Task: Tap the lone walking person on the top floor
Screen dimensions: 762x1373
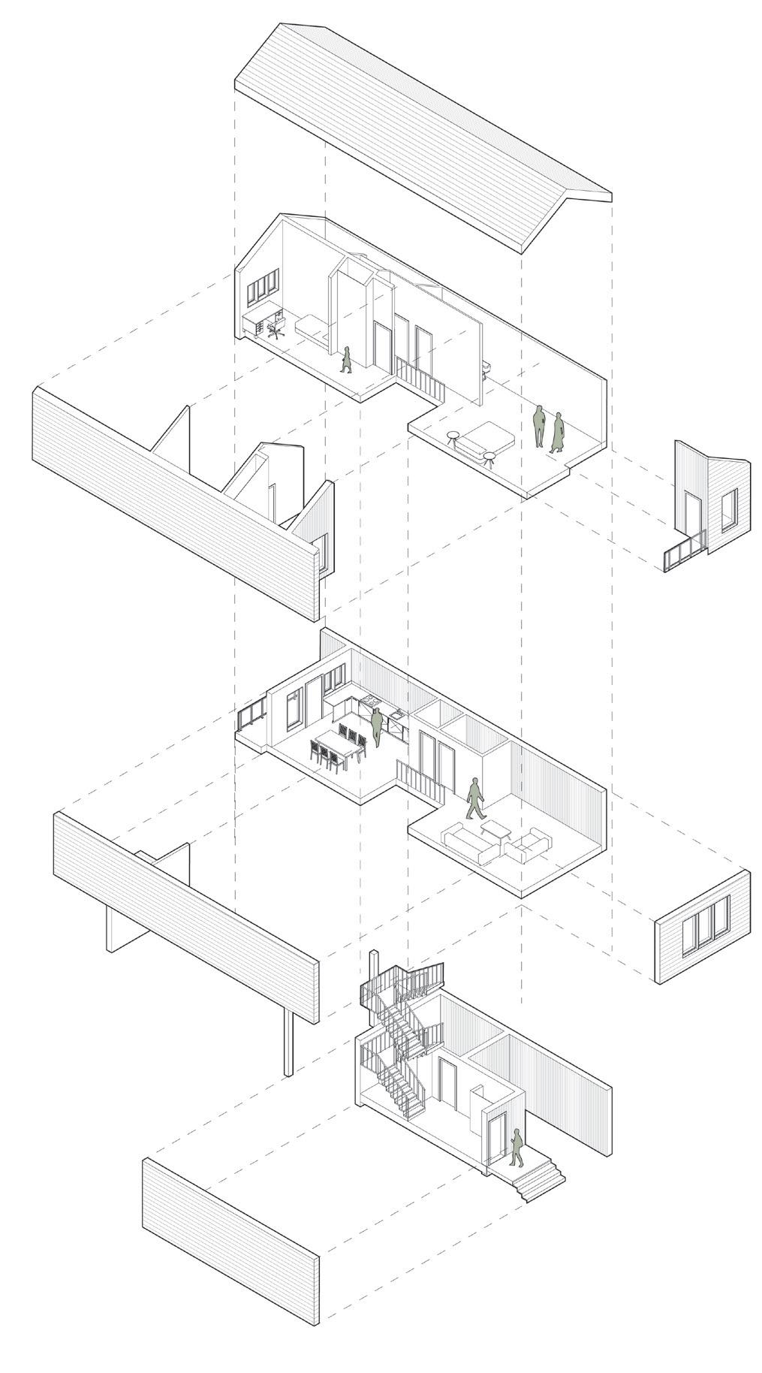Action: tap(346, 359)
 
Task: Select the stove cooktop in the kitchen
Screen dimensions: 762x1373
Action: tap(369, 701)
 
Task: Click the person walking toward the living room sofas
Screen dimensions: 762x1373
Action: tap(474, 798)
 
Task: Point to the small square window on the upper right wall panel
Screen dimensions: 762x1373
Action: tap(728, 508)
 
